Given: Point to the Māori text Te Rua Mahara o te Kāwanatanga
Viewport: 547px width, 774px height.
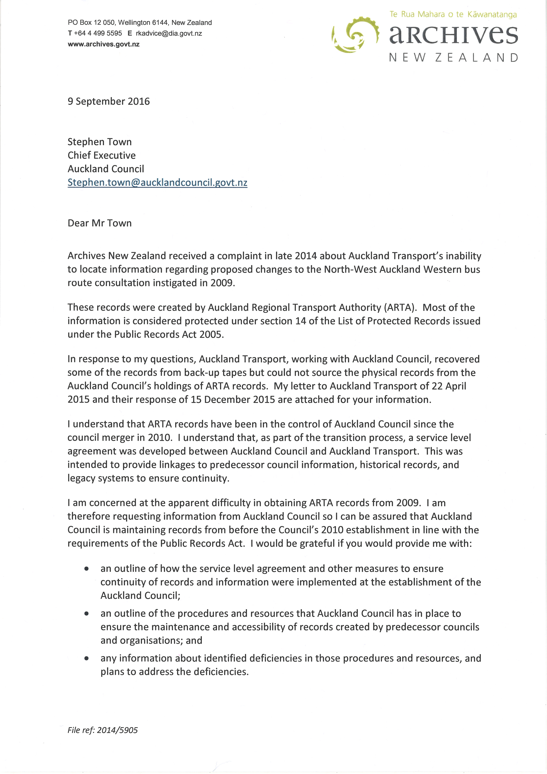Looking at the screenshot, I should [453, 14].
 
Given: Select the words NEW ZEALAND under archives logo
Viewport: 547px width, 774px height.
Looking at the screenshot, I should [453, 58].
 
